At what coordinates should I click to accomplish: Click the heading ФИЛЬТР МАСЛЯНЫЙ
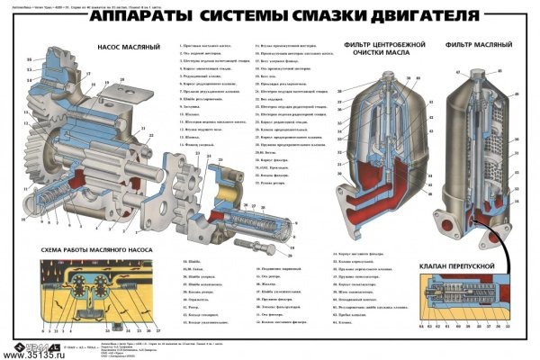point(478,44)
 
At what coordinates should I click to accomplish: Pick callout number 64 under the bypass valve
point(419,327)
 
